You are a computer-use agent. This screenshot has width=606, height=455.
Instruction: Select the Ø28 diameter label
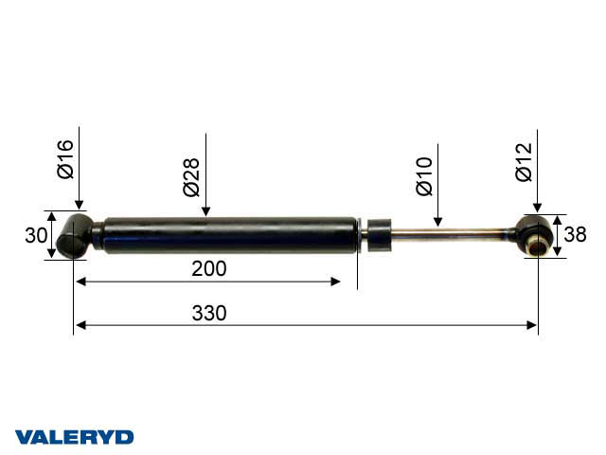(191, 176)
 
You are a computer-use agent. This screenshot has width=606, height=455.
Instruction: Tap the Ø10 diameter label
(423, 176)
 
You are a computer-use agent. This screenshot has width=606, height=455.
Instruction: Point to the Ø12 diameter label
(524, 161)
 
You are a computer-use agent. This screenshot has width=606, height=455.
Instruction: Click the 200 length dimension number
(208, 269)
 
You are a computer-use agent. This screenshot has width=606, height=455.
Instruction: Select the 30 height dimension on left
(36, 236)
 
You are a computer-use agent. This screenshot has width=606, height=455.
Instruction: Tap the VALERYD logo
(75, 437)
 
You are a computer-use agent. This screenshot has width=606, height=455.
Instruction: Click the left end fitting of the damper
(75, 235)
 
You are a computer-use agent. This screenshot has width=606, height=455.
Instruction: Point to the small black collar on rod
(380, 235)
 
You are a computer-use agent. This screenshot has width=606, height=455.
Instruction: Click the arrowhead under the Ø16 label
(80, 205)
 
